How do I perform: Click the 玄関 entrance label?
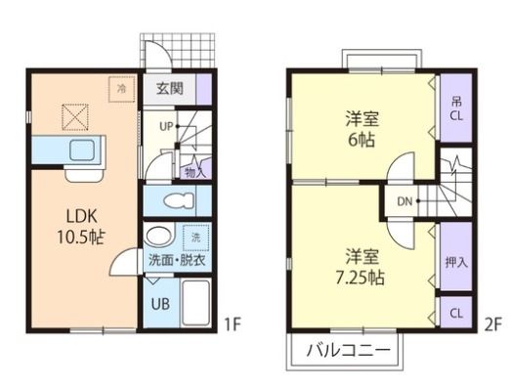[x=169, y=88]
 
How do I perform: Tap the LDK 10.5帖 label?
[x=81, y=227]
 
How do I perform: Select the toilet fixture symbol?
[x=179, y=200]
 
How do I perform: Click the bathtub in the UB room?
[x=195, y=302]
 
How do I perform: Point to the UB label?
[x=160, y=304]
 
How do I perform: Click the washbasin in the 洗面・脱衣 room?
[x=158, y=236]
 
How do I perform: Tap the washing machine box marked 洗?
[x=195, y=237]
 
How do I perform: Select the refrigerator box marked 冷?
[x=122, y=89]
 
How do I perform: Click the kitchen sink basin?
[x=83, y=151]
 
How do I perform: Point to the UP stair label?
[x=166, y=126]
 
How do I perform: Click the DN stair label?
[x=405, y=201]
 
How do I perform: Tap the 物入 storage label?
[x=194, y=172]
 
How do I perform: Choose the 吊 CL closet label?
[x=456, y=109]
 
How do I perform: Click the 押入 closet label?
[x=456, y=262]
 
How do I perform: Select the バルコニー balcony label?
[x=348, y=351]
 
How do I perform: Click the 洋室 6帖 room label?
[x=363, y=129]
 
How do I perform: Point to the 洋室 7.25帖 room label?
[x=360, y=267]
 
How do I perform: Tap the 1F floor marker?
[x=233, y=324]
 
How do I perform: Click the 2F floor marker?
[x=492, y=325]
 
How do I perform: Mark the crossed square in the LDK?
[x=75, y=117]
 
